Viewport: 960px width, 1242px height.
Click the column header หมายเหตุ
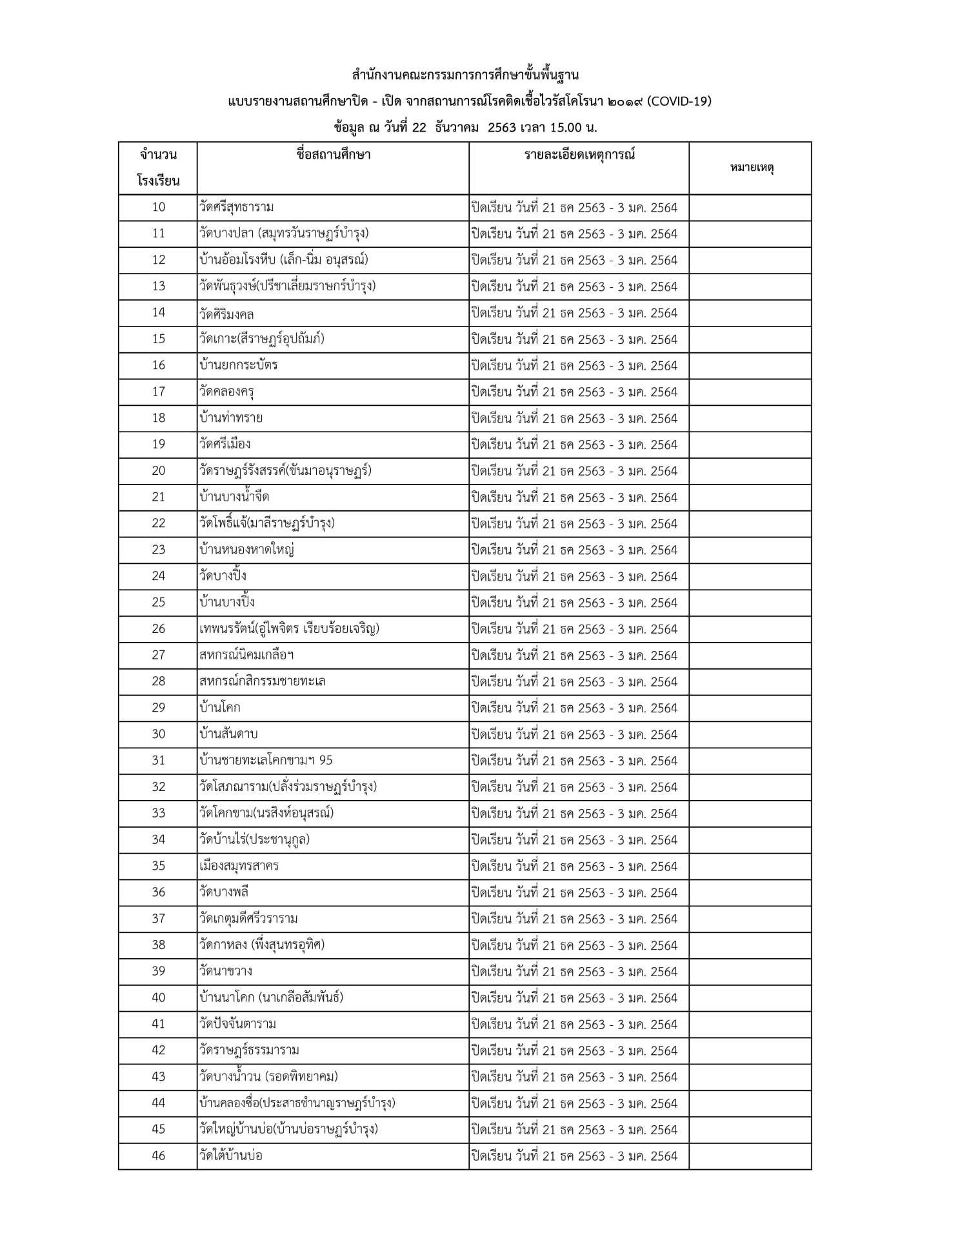(752, 168)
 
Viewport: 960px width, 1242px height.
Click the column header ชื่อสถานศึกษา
(333, 155)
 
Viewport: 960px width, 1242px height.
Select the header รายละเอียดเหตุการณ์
(579, 155)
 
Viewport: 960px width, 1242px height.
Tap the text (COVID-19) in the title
(679, 101)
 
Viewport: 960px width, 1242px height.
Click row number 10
(159, 207)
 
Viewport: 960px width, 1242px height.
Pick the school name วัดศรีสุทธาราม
(237, 207)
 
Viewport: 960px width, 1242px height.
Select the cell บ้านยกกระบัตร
(239, 365)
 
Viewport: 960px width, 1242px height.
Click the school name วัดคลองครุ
(227, 392)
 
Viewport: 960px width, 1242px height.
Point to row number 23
(159, 550)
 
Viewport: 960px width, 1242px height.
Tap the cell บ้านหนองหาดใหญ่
(248, 550)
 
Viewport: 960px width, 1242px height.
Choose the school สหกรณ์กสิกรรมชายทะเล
(263, 681)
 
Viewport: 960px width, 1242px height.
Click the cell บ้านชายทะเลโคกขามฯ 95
(266, 761)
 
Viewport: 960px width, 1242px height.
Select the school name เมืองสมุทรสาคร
(239, 866)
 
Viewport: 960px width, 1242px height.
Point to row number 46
(159, 1156)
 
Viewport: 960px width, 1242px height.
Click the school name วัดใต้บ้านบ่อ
(231, 1156)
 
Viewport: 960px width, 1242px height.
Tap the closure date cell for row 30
(574, 734)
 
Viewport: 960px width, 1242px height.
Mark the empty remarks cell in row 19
(750, 444)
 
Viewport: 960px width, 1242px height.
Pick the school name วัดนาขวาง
(226, 971)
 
